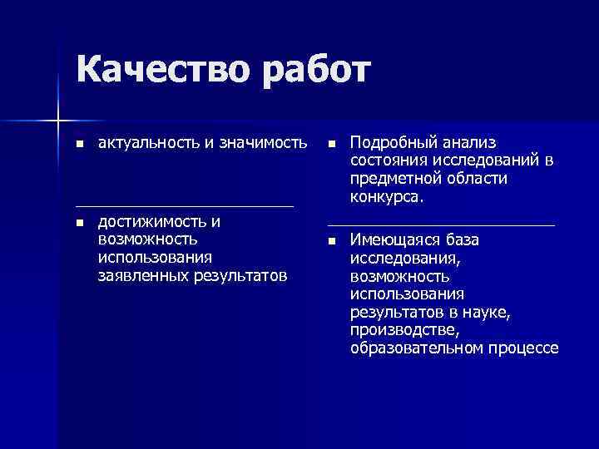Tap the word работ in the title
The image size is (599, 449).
(x=314, y=72)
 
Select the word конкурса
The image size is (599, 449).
(x=386, y=197)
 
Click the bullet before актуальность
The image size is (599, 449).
(x=79, y=144)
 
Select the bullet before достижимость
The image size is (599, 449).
(x=79, y=223)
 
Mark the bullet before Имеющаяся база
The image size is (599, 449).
(x=331, y=241)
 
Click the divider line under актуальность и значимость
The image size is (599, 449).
(x=184, y=205)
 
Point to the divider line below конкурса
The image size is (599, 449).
(x=441, y=225)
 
